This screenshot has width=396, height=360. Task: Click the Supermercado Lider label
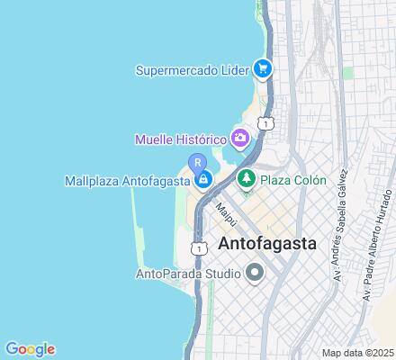coord(193,69)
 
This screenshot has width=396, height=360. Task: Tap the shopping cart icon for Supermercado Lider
coord(263,68)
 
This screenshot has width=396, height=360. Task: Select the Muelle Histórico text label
coord(180,139)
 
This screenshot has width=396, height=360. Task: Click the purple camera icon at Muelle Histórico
coord(240,139)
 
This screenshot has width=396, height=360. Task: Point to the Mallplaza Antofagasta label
coord(127,180)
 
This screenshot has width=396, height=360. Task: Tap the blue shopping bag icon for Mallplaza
coord(204,179)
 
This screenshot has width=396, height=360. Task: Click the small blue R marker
coord(196,162)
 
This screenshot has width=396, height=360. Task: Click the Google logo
coord(30,349)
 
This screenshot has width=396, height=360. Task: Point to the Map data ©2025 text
coord(359,352)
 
